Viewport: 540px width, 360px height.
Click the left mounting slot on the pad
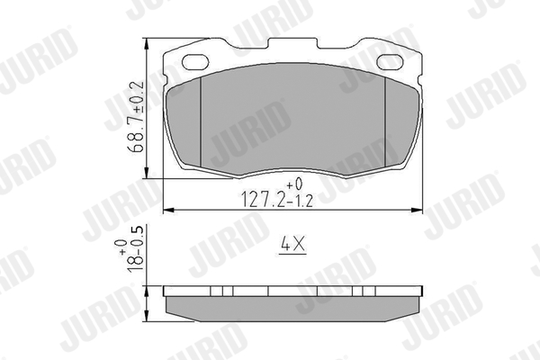194,63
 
